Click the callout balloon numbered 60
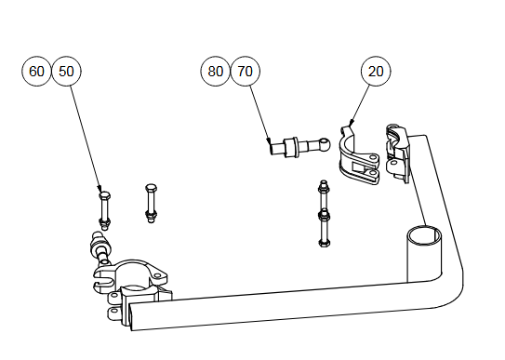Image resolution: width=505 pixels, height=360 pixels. pos(36,71)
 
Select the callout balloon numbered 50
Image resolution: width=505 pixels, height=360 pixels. pos(66,71)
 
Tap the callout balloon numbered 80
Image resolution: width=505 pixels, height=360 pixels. pos(215,71)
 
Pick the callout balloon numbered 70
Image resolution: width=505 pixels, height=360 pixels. pos(246,71)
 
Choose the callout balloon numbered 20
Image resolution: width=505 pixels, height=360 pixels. pos(376,71)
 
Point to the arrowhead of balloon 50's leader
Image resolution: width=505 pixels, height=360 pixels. pos(100,189)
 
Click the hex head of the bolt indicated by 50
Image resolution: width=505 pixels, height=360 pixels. pos(105,195)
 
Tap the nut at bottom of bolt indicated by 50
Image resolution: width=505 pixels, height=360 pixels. pos(104,221)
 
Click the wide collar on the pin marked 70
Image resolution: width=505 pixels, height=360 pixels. pos(290,148)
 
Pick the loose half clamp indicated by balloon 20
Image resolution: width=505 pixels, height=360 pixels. pos(358,156)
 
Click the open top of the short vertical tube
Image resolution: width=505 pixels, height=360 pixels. pos(425,235)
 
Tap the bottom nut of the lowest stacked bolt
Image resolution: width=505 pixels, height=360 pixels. pos(324,242)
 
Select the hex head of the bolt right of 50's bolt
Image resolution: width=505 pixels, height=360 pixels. pos(151,187)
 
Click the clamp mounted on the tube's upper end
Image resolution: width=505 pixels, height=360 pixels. pos(398,153)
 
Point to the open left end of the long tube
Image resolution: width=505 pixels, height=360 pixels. pos(131,316)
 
